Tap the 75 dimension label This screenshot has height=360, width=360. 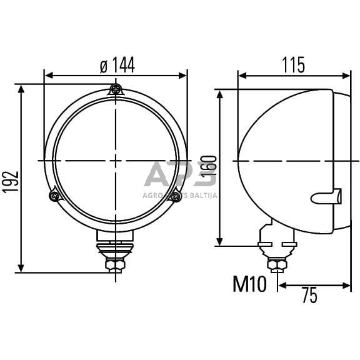coord(309,296)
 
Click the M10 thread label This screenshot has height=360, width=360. coord(249,284)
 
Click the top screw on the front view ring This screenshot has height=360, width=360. coord(115,89)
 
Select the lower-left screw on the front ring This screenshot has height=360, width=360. coord(54,196)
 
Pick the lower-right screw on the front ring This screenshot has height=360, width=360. coord(176,196)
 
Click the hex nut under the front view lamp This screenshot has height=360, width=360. coord(115,265)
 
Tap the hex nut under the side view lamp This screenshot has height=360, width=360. coord(276,264)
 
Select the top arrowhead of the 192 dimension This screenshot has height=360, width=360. coord(22,88)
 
